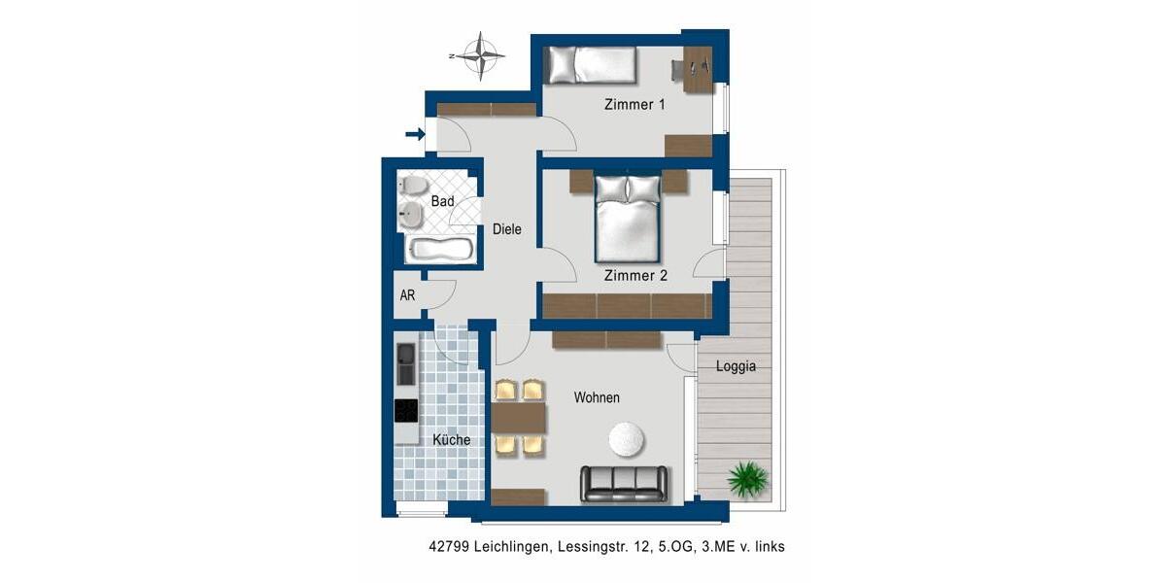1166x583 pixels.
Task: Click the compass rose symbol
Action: [x=480, y=55]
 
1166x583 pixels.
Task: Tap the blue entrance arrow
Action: [x=415, y=135]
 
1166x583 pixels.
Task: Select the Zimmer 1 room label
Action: [x=634, y=105]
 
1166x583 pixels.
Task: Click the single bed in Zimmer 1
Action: [x=589, y=65]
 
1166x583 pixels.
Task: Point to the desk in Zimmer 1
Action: [x=697, y=70]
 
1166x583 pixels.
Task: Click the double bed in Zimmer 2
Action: [x=629, y=222]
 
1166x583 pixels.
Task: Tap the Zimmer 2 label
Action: [x=635, y=276]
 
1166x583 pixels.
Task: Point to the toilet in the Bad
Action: [x=411, y=186]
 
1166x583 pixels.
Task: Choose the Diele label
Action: [x=507, y=230]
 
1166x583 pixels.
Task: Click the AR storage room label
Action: [x=408, y=295]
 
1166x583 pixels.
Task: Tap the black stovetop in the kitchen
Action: [x=406, y=410]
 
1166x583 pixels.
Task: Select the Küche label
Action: [x=451, y=440]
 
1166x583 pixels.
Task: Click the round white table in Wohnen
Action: [x=627, y=439]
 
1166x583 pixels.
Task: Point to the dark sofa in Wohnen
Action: [x=624, y=483]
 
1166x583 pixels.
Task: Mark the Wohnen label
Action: [x=597, y=397]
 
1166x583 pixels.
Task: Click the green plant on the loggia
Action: [x=746, y=478]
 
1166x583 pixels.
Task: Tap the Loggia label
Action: [x=736, y=367]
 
